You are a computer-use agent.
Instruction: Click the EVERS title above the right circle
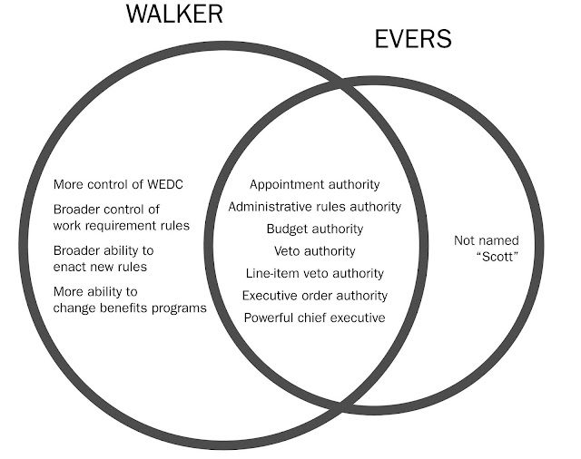point(413,40)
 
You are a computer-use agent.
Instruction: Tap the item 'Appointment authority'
point(315,184)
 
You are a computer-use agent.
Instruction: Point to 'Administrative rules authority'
point(315,207)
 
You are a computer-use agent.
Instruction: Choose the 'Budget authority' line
point(315,229)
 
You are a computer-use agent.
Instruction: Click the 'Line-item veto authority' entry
point(315,273)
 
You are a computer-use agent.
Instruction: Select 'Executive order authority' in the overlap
point(315,296)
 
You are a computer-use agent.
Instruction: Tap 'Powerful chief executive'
point(315,317)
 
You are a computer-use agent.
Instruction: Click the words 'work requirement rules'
point(122,225)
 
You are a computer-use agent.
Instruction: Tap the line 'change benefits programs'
point(130,308)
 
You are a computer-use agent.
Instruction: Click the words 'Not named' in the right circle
point(486,240)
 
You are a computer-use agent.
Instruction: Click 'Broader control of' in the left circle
point(108,210)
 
